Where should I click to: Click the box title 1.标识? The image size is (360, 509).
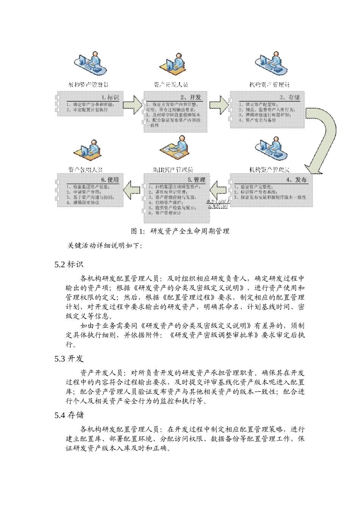coord(110,97)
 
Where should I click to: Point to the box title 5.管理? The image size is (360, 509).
coord(196,180)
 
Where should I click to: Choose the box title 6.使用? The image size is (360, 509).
coord(110,180)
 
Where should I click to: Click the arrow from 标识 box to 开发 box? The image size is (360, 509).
coord(133,105)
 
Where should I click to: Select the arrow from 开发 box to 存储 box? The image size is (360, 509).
coord(219,105)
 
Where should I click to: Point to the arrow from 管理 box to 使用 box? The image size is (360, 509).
coord(132,189)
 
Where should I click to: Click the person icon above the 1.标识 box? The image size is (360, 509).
coord(90,64)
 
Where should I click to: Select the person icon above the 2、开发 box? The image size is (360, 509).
coord(174,64)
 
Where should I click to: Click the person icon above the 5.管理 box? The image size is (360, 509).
coord(175,149)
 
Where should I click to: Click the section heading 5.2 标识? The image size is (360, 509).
coord(69,264)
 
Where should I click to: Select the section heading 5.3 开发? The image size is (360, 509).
coord(69,359)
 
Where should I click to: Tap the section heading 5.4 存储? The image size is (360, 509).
coord(69,415)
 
